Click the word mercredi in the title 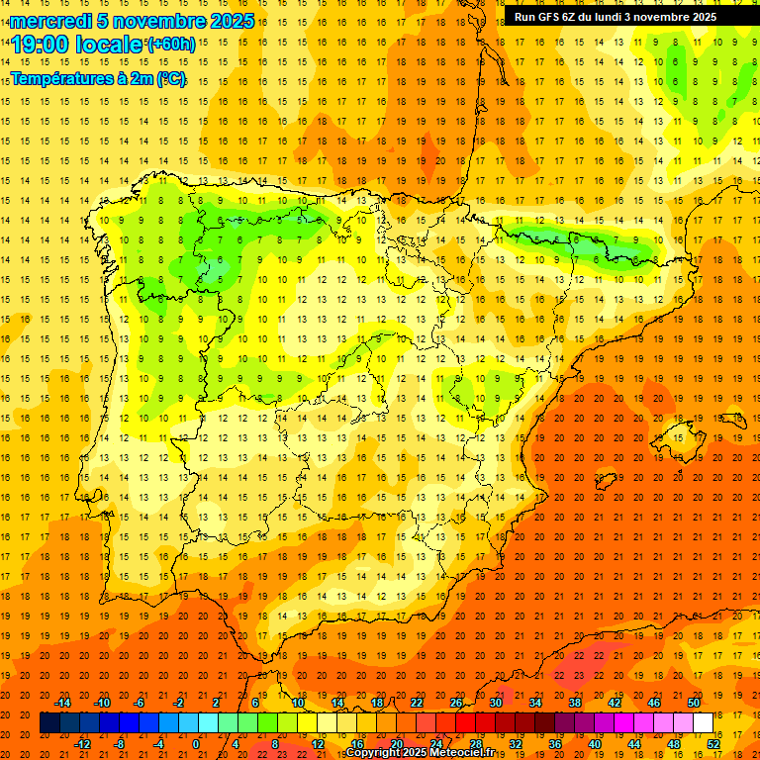(49, 21)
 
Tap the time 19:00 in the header (42, 45)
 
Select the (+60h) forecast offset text (171, 45)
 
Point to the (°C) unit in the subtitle (169, 79)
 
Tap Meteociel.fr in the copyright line (462, 753)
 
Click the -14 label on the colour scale (62, 703)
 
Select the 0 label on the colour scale (196, 744)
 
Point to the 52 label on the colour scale (713, 744)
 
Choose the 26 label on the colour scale (455, 703)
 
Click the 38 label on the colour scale (574, 703)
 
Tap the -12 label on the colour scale (82, 744)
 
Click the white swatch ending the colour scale (703, 723)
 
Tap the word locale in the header (109, 45)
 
